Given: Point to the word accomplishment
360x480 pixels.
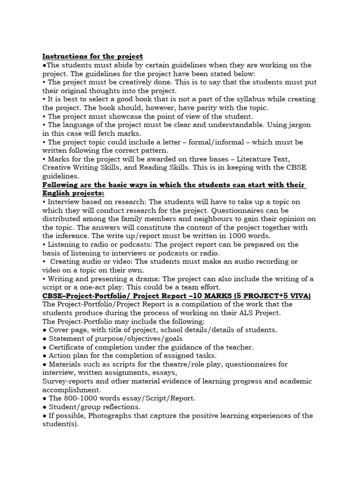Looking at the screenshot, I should pos(71,390).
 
